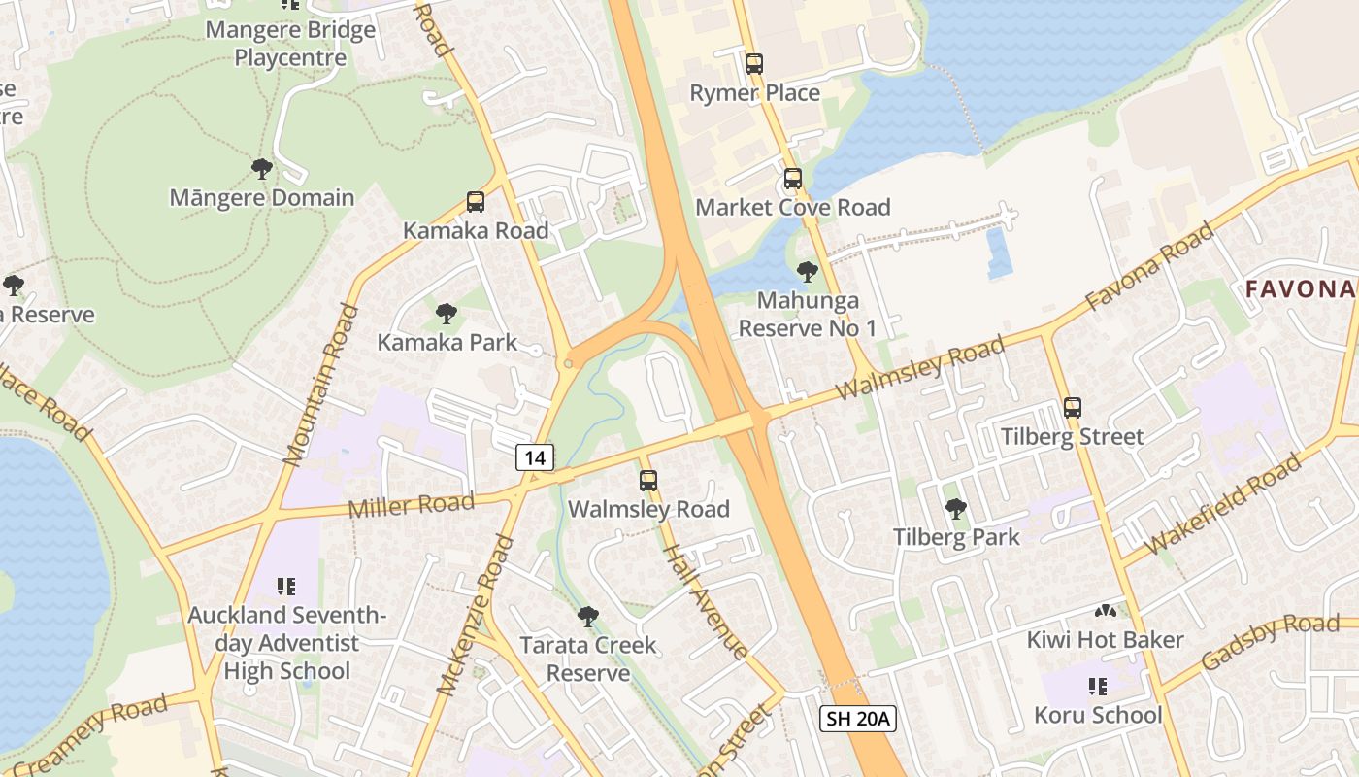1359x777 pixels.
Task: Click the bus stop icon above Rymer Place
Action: [754, 64]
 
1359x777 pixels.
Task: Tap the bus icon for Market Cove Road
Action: [793, 179]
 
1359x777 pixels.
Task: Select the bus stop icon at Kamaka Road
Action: [476, 202]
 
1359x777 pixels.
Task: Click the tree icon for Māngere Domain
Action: [261, 169]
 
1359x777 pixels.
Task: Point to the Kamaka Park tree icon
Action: [447, 314]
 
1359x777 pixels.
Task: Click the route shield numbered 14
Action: [535, 457]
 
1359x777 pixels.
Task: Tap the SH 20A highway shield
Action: [857, 719]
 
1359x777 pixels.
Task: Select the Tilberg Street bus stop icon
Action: [1073, 408]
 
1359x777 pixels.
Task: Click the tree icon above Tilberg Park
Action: [956, 508]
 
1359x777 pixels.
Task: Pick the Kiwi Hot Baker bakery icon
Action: [1105, 611]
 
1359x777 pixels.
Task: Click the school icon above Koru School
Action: [1098, 687]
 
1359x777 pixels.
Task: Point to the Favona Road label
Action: [1150, 266]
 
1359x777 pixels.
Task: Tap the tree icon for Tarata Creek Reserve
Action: [587, 616]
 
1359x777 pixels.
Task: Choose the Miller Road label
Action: [411, 506]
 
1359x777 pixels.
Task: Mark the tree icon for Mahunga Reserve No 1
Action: [807, 272]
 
